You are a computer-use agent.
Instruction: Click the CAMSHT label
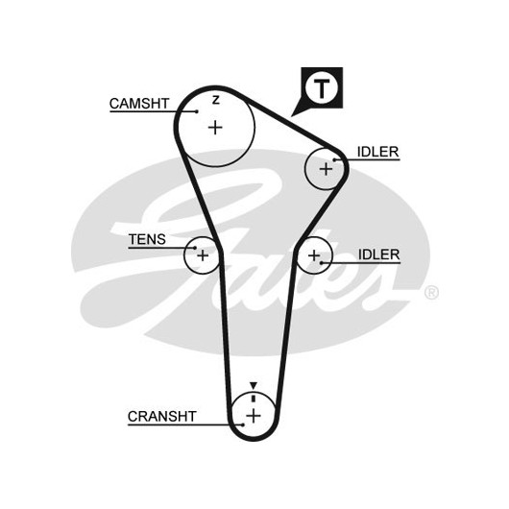coord(139,104)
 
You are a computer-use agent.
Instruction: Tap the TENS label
coord(147,239)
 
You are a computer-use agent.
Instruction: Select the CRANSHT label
coord(162,417)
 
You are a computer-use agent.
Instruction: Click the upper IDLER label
coord(377,152)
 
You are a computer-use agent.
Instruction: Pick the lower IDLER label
coord(378,254)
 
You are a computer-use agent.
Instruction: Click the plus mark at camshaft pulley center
coord(215,127)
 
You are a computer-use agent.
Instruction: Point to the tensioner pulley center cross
coord(203,255)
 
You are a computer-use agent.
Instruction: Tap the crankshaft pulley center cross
coord(254,416)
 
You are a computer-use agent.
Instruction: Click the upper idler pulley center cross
coord(326,169)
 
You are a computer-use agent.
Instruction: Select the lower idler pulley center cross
coord(314,255)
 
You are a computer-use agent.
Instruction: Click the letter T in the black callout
coord(322,88)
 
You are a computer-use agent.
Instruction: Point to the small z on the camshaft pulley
coord(216,100)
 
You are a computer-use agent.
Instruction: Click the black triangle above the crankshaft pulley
coord(254,385)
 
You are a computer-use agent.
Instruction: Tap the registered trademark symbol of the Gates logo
coord(432,293)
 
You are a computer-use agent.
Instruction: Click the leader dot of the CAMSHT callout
coord(197,111)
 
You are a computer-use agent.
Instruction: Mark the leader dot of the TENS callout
coord(195,248)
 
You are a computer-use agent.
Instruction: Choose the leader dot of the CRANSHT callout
coord(243,424)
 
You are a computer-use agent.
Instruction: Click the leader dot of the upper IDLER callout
coord(334,159)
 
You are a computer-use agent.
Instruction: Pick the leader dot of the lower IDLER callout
coord(321,262)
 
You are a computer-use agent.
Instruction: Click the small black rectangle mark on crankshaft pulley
coord(254,399)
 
